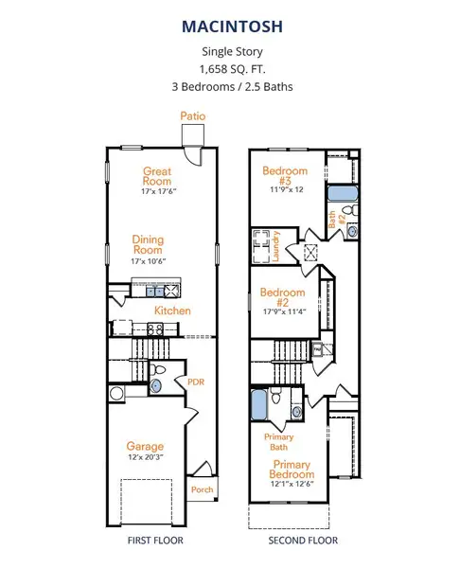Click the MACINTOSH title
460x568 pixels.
point(232,27)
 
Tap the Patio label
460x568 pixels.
point(193,115)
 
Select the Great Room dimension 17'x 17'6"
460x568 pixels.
point(159,191)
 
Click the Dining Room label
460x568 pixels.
point(148,244)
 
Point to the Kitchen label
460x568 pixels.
point(172,311)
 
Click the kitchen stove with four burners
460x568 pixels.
point(155,329)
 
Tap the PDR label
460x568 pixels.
point(196,382)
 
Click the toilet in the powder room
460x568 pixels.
point(157,370)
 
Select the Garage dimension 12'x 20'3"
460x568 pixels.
point(146,457)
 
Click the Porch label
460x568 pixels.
point(203,489)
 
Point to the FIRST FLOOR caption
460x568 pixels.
point(155,541)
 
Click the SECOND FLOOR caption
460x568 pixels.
point(303,541)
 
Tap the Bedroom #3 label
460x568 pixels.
point(285,175)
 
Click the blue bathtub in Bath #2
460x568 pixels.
point(343,194)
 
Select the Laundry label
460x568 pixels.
point(275,246)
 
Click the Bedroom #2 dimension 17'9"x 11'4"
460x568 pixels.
point(285,311)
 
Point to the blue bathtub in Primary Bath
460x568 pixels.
point(259,404)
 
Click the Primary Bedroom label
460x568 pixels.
point(292,470)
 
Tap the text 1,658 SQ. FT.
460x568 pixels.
point(232,69)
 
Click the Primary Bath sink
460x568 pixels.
point(296,412)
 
